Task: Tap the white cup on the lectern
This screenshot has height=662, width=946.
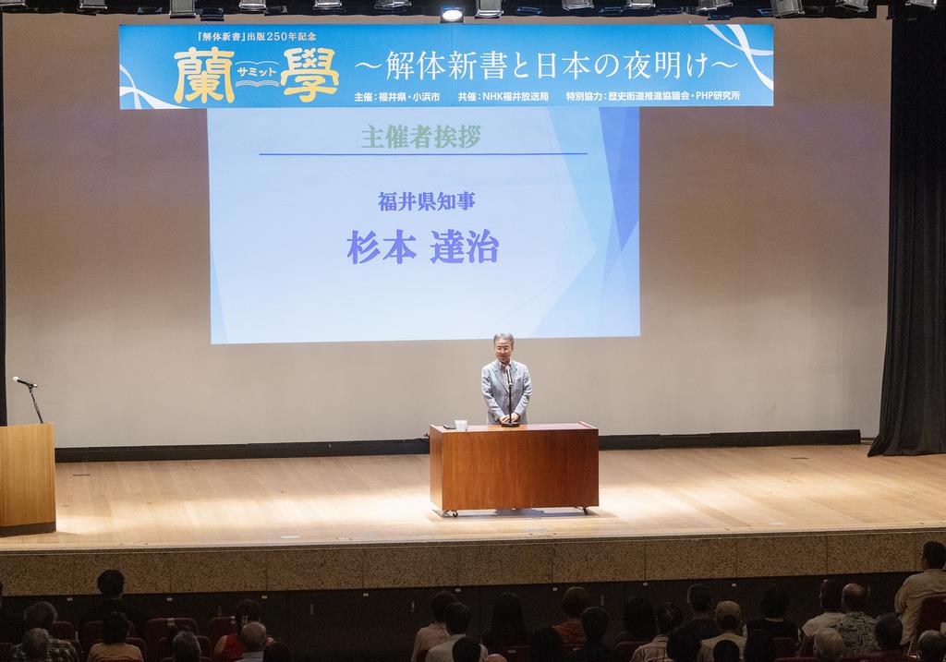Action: click(461, 425)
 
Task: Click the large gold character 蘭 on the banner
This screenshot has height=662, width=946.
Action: click(204, 76)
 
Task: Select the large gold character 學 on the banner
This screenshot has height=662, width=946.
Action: click(310, 76)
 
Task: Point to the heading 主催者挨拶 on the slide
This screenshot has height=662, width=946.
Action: click(421, 137)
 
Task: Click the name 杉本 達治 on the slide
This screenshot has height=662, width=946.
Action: click(422, 247)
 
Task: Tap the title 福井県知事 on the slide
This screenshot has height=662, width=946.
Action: click(427, 201)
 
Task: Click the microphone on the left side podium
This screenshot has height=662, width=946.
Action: click(25, 381)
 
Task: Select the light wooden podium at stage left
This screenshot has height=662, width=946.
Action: click(27, 477)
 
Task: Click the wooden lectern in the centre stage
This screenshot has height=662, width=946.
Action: click(514, 467)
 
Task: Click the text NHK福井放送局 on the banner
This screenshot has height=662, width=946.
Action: click(515, 96)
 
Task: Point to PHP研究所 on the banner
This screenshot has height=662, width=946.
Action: click(718, 96)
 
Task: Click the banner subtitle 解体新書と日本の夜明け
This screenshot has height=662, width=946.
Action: click(546, 65)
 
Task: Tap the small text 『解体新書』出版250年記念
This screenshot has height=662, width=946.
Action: click(257, 36)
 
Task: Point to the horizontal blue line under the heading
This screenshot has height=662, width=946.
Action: click(423, 154)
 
